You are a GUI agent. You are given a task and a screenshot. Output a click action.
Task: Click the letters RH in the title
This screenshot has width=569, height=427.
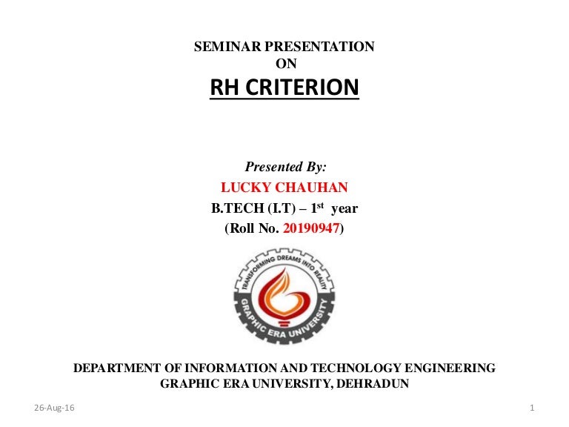tap(226, 88)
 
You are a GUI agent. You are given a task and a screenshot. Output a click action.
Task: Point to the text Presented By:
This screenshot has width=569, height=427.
tap(285, 168)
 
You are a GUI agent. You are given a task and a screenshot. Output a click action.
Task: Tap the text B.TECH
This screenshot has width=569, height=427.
tap(238, 209)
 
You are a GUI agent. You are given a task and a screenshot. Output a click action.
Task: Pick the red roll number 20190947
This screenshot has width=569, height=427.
tap(312, 230)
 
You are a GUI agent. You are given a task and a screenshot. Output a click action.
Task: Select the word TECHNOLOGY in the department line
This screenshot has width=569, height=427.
tap(337, 368)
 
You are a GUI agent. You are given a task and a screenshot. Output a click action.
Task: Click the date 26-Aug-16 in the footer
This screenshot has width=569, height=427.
tap(50, 408)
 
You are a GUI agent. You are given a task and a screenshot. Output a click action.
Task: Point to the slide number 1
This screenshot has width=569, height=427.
tap(533, 408)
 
